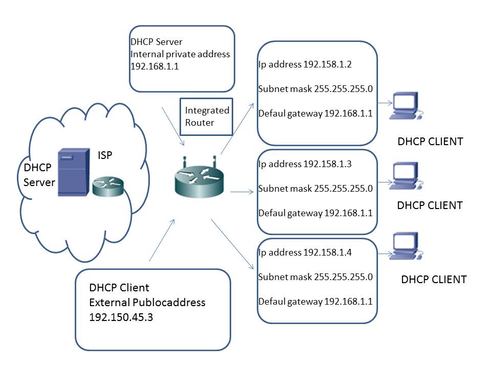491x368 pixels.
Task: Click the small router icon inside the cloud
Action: [x=108, y=187]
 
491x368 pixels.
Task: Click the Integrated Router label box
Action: [x=207, y=116]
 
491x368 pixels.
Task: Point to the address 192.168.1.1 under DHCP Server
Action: [x=155, y=66]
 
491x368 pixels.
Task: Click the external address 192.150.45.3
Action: [x=121, y=317]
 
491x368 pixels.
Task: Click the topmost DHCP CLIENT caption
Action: [x=430, y=142]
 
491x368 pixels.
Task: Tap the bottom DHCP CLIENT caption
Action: [x=434, y=280]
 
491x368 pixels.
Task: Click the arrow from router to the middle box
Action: [x=242, y=192]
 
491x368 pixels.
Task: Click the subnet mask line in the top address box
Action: [x=315, y=89]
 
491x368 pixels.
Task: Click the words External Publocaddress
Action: [x=147, y=302]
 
